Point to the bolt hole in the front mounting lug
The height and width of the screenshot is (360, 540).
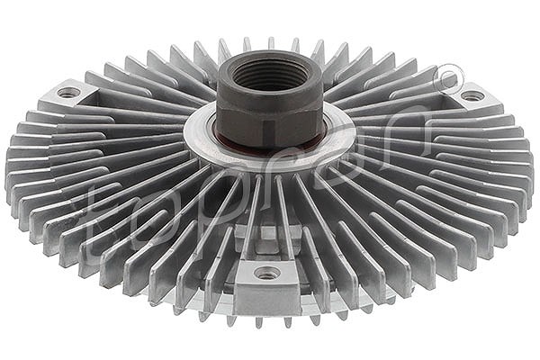(x=267, y=274)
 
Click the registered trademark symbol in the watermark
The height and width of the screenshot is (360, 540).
(x=447, y=80)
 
